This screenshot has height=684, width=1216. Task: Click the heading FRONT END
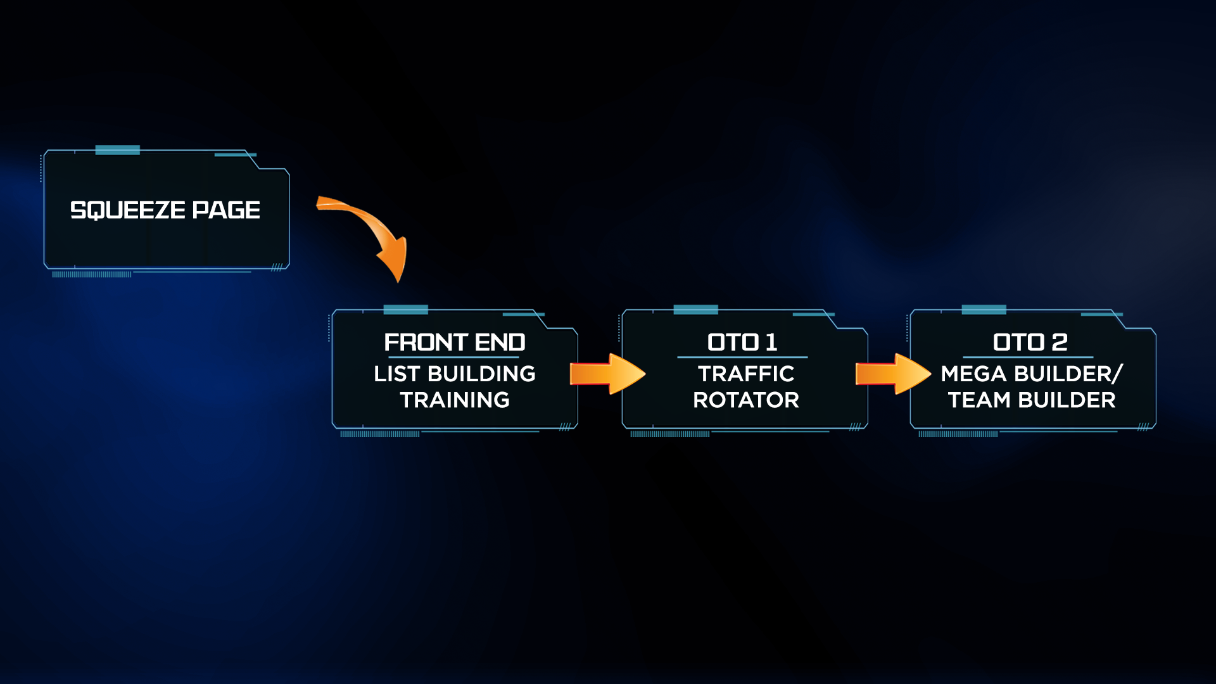pyautogui.click(x=455, y=343)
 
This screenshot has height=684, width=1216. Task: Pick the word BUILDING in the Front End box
pyautogui.click(x=482, y=374)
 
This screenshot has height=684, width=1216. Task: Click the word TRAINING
pyautogui.click(x=455, y=400)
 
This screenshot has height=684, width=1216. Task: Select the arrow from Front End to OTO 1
pyautogui.click(x=607, y=374)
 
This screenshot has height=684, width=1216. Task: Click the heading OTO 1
pyautogui.click(x=742, y=343)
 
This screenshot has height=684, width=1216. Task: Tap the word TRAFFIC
pyautogui.click(x=746, y=374)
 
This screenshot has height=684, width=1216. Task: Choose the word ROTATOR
pyautogui.click(x=746, y=400)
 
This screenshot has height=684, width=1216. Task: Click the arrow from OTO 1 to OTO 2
pyautogui.click(x=893, y=374)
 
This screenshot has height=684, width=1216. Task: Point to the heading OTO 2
pyautogui.click(x=1030, y=343)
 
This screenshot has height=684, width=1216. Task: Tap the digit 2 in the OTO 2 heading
pyautogui.click(x=1060, y=343)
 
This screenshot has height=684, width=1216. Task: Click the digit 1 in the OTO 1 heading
pyautogui.click(x=771, y=343)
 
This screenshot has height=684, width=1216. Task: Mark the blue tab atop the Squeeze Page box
pyautogui.click(x=118, y=150)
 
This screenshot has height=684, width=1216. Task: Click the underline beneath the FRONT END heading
pyautogui.click(x=453, y=357)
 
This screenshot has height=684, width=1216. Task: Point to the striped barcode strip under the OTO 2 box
pyautogui.click(x=958, y=434)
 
